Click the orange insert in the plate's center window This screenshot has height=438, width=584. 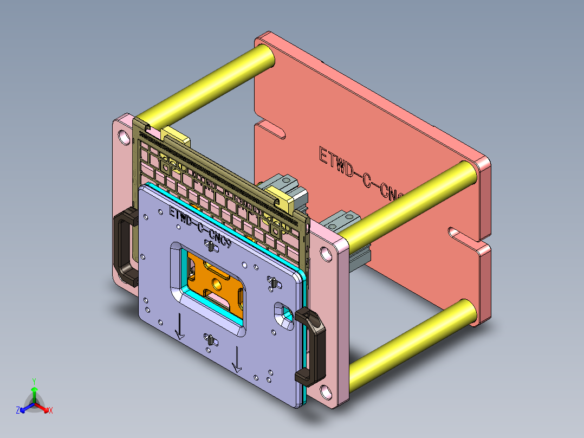[x=217, y=282]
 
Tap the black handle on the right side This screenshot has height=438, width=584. [x=312, y=347]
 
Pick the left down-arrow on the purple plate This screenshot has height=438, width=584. [x=179, y=327]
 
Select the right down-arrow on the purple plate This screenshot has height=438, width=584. [x=237, y=360]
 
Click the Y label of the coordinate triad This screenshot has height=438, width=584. [x=34, y=381]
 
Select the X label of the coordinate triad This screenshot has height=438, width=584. [x=51, y=410]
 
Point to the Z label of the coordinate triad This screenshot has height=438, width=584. [x=18, y=410]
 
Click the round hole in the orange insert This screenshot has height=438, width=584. [x=219, y=281]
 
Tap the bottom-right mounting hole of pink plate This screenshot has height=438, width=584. [x=326, y=391]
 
